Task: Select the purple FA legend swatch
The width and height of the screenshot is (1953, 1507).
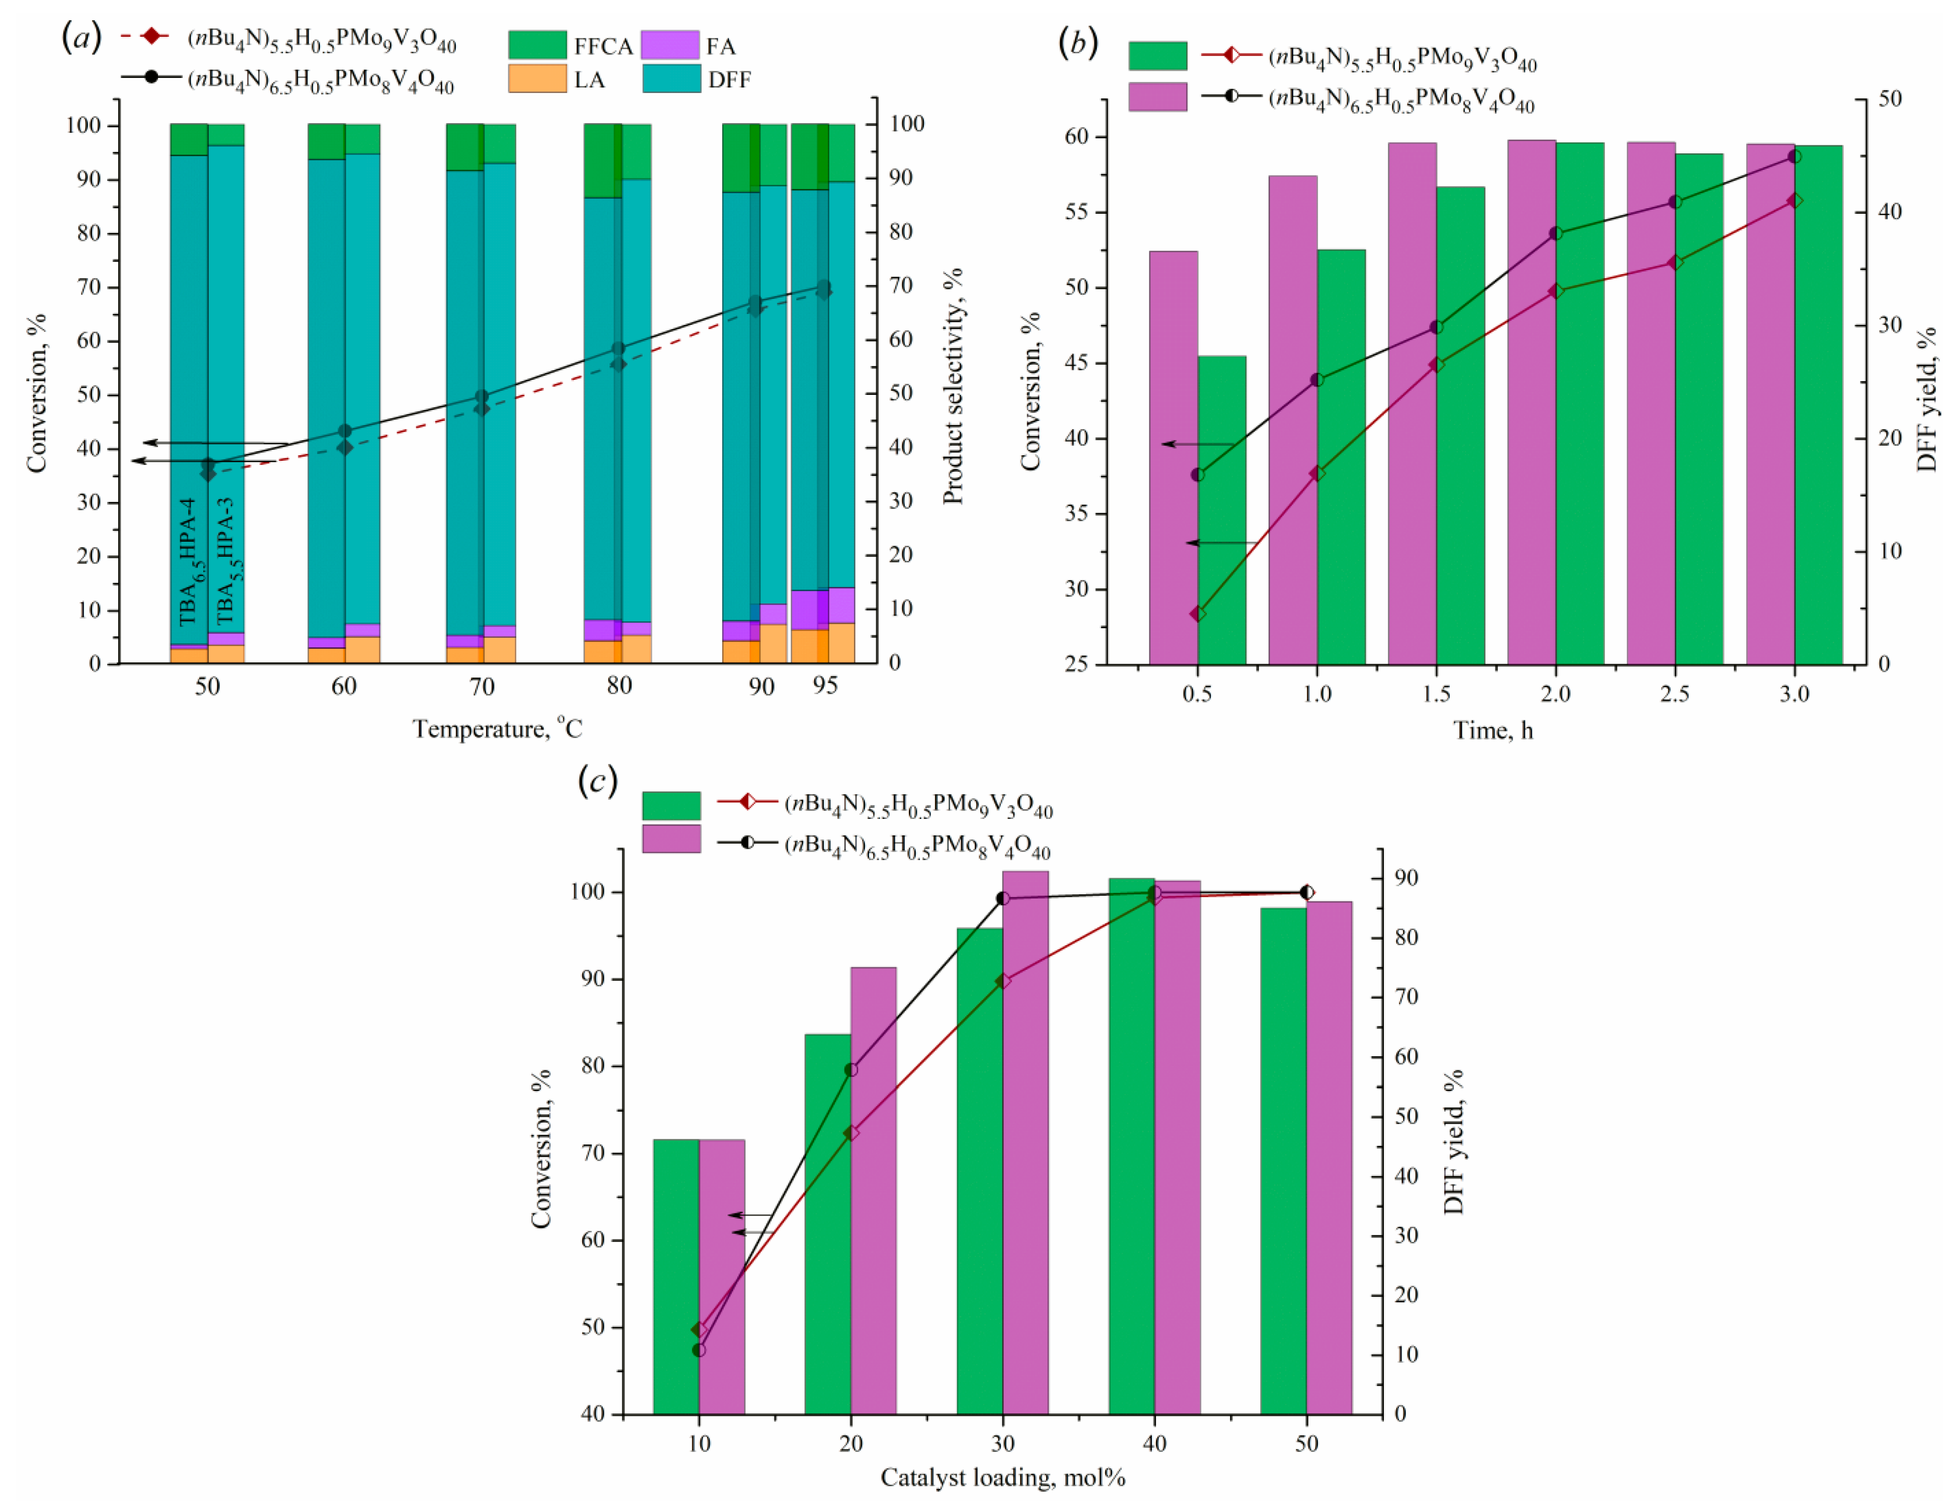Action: click(x=670, y=45)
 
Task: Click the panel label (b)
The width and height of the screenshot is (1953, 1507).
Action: click(x=1077, y=42)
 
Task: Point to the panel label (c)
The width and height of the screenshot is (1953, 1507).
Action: click(x=597, y=780)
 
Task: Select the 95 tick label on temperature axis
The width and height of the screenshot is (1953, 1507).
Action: click(x=824, y=686)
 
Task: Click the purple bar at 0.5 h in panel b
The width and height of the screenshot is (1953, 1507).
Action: click(x=1173, y=465)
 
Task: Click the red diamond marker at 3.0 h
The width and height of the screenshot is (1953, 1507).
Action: click(x=1794, y=201)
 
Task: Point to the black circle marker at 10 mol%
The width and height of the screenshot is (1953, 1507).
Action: click(x=699, y=1350)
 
